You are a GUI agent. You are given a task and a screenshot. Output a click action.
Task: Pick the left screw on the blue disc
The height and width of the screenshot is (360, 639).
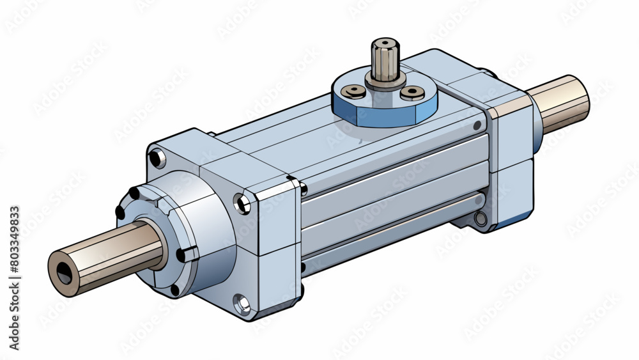(x=353, y=91)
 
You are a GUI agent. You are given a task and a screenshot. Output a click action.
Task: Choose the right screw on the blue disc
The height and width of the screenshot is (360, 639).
(x=412, y=94)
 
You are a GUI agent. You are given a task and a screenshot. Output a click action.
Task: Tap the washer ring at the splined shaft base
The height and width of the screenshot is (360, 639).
(x=385, y=82)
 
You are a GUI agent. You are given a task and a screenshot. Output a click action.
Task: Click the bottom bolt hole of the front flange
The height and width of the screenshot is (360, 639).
(x=241, y=303)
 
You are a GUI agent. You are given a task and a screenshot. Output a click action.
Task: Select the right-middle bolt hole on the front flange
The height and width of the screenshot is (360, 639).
(x=242, y=204)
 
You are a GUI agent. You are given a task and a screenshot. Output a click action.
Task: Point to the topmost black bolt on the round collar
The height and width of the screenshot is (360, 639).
(x=134, y=193)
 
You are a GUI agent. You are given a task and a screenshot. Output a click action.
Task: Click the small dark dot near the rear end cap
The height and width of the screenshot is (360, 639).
(x=476, y=125)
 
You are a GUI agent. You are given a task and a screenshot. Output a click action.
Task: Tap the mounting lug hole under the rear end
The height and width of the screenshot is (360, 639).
(x=480, y=219)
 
